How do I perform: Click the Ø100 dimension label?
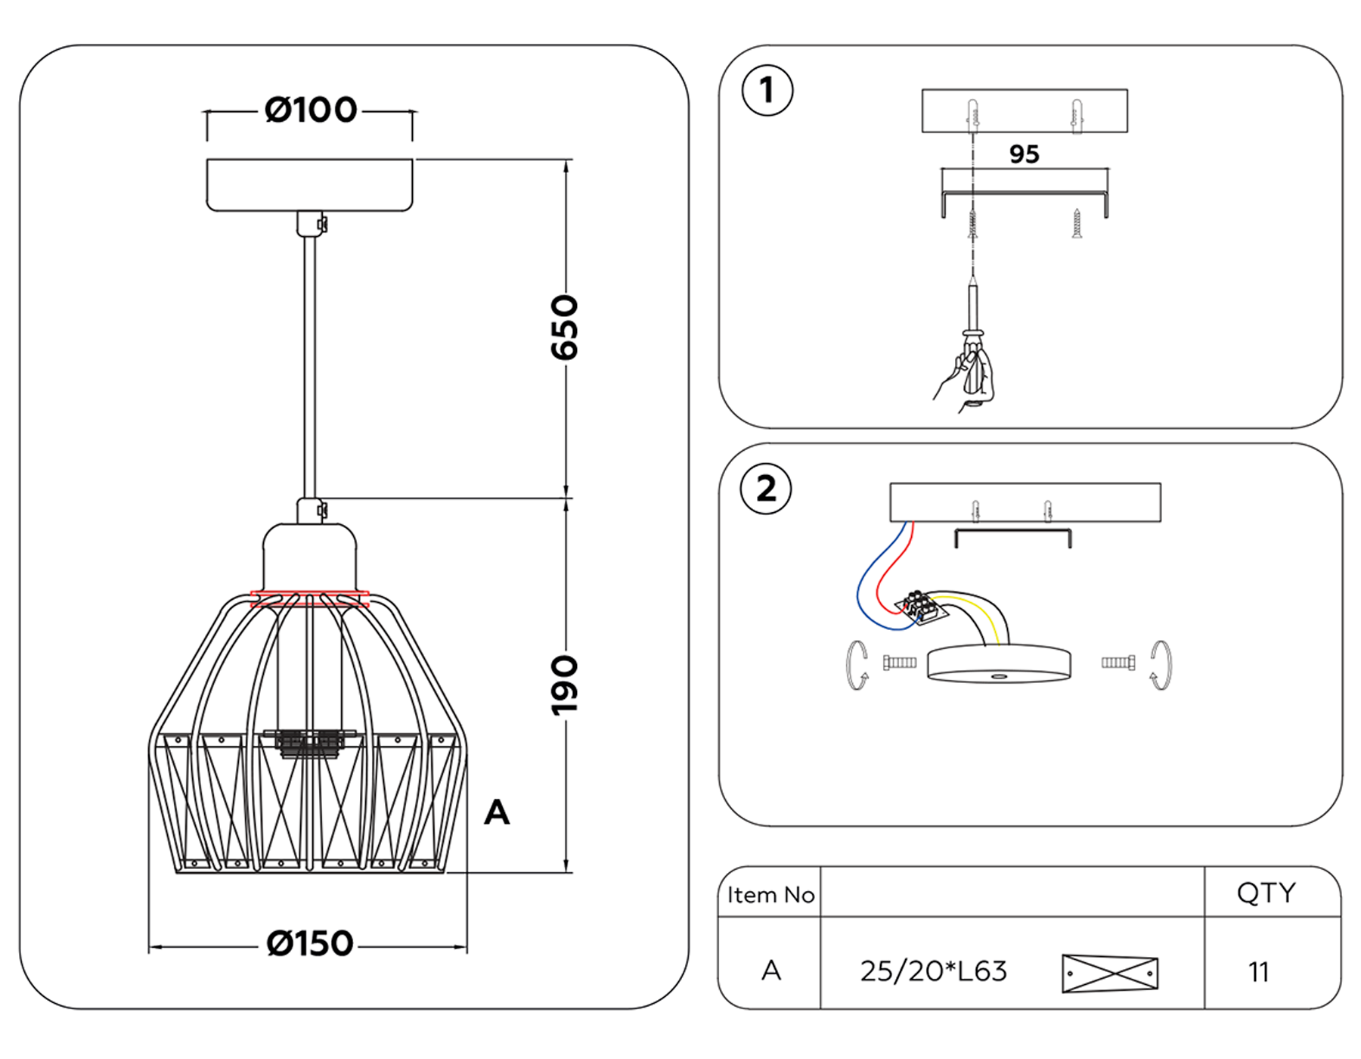point(310,110)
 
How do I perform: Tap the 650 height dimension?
point(564,328)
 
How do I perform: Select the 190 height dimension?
point(564,685)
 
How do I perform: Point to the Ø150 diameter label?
point(310,944)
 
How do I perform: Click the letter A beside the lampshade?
point(497,813)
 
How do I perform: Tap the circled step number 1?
point(767,91)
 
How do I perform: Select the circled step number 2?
point(766,489)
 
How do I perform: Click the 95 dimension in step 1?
point(1025,154)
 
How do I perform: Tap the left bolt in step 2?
point(900,663)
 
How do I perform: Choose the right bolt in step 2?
point(1118,663)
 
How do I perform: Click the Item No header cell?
point(770,895)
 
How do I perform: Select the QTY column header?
point(1266,893)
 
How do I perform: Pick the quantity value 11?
point(1259,972)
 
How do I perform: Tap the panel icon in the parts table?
point(1110,974)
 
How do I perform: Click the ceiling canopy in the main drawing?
point(309,185)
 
